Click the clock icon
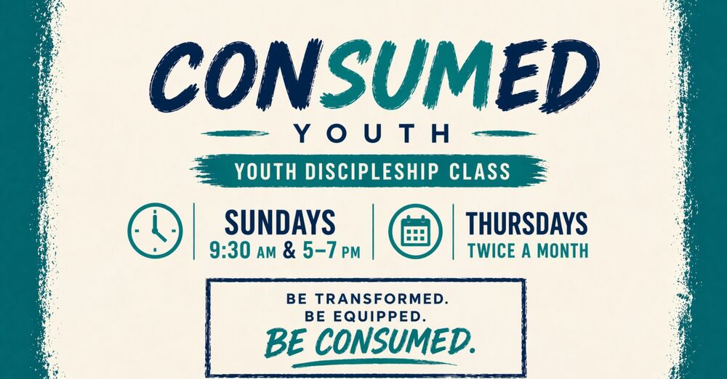[155, 229]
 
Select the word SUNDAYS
[280, 222]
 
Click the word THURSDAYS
[527, 222]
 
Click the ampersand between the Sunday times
[289, 252]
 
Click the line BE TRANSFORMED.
[365, 298]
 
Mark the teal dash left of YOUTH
[230, 133]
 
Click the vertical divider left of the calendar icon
[374, 231]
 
